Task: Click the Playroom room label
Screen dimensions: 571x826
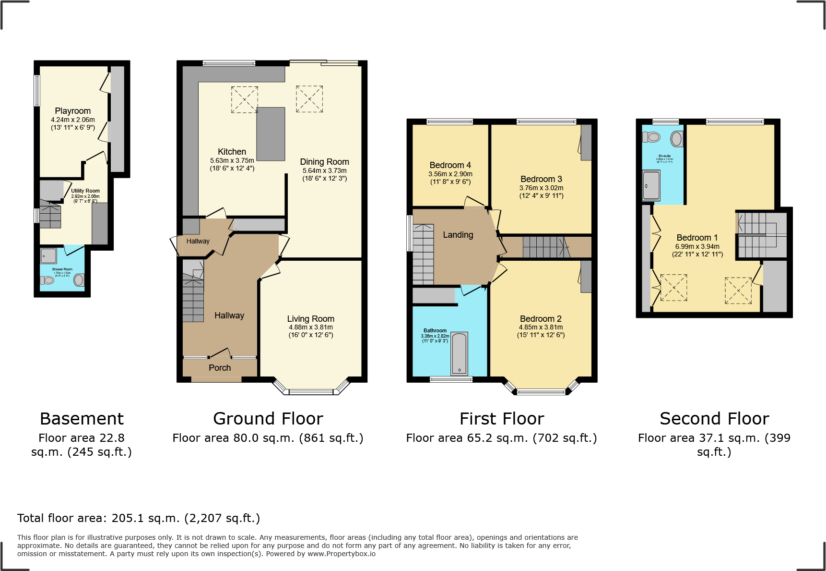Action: [72, 111]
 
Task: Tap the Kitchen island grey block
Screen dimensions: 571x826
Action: [271, 134]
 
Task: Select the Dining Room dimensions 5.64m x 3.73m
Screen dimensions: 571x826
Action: [324, 170]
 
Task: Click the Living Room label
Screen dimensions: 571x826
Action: [310, 319]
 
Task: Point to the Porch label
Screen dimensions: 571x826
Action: [220, 368]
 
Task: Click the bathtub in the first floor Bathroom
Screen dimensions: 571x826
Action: [459, 354]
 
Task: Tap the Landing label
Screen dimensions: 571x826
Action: [458, 235]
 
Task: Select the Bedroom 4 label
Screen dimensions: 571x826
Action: [450, 165]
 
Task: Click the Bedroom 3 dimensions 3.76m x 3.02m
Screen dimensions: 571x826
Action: [541, 188]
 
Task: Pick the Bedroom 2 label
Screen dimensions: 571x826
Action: [541, 319]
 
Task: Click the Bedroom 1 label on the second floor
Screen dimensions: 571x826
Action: [697, 238]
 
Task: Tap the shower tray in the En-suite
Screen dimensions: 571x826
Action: [651, 185]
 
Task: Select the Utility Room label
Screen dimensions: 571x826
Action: [85, 191]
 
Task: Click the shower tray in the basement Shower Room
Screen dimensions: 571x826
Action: [48, 255]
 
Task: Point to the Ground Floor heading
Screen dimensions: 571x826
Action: [268, 419]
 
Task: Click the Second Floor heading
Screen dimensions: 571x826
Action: [714, 419]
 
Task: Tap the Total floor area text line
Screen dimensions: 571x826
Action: [139, 518]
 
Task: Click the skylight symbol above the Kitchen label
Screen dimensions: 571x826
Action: [245, 99]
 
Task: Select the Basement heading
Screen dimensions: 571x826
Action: [82, 419]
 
